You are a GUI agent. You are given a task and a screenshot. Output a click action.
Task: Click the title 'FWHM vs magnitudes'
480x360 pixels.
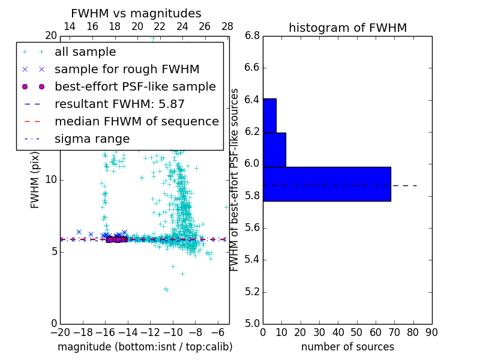136,13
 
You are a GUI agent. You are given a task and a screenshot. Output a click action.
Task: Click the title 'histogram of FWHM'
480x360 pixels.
347,28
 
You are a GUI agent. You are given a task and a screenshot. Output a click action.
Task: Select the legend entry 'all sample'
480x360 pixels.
85,52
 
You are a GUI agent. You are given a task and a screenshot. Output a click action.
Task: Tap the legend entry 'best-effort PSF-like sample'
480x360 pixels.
135,87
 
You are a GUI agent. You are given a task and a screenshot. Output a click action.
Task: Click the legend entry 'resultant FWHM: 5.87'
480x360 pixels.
119,104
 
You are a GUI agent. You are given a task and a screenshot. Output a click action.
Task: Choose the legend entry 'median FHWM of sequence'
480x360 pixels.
136,122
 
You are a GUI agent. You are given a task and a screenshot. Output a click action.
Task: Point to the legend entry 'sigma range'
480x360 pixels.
92,139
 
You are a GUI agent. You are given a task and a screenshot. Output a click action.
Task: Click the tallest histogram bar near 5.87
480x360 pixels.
326,184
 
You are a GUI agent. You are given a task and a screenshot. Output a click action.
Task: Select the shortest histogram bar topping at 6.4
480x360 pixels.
269,115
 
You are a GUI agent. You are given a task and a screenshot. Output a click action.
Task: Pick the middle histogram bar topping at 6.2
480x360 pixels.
274,149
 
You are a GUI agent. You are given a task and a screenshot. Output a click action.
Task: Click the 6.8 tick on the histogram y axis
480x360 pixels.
253,36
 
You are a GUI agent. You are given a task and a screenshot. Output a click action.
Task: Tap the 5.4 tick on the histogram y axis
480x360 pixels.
253,260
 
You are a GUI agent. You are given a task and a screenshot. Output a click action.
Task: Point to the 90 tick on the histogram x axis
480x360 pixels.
431,332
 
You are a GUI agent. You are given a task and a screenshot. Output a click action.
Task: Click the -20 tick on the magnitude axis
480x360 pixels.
60,332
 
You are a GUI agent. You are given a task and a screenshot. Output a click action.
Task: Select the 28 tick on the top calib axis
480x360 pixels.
227,26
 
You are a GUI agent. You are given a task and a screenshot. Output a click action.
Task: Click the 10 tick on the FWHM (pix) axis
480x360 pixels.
51,180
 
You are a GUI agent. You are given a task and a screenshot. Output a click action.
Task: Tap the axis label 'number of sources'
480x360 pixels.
347,347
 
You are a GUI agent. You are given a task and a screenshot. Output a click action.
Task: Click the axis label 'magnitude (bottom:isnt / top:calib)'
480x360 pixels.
145,347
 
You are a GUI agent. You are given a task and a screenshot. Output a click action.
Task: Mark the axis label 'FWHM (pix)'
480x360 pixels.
35,180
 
